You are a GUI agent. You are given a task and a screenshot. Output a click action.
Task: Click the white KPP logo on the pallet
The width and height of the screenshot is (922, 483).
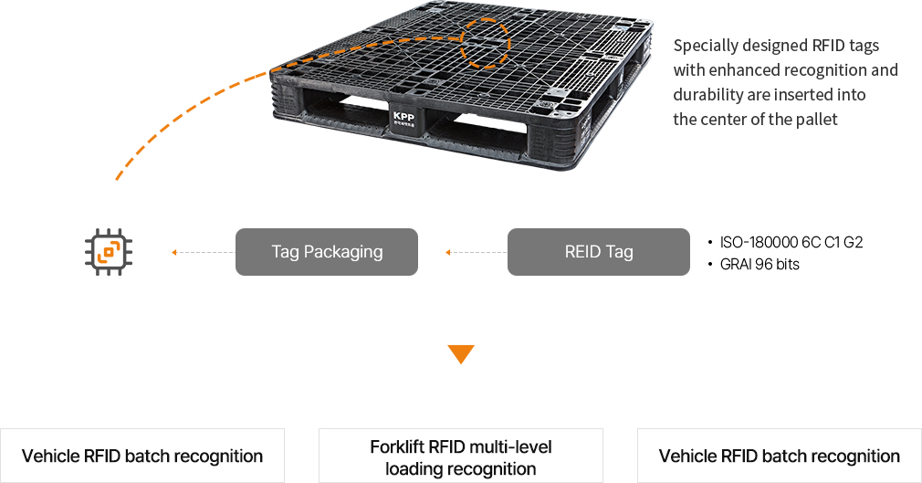403,119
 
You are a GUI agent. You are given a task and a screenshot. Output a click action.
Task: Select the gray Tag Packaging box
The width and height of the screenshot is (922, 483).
326,251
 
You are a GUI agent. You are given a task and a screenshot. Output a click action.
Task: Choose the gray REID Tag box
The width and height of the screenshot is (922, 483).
598,251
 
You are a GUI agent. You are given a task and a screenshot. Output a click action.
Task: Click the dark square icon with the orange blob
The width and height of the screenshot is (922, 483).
109,251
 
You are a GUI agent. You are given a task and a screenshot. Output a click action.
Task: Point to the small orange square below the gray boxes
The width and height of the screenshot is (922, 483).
461,354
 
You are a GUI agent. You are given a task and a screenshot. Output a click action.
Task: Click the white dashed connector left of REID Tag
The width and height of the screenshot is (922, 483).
475,251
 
